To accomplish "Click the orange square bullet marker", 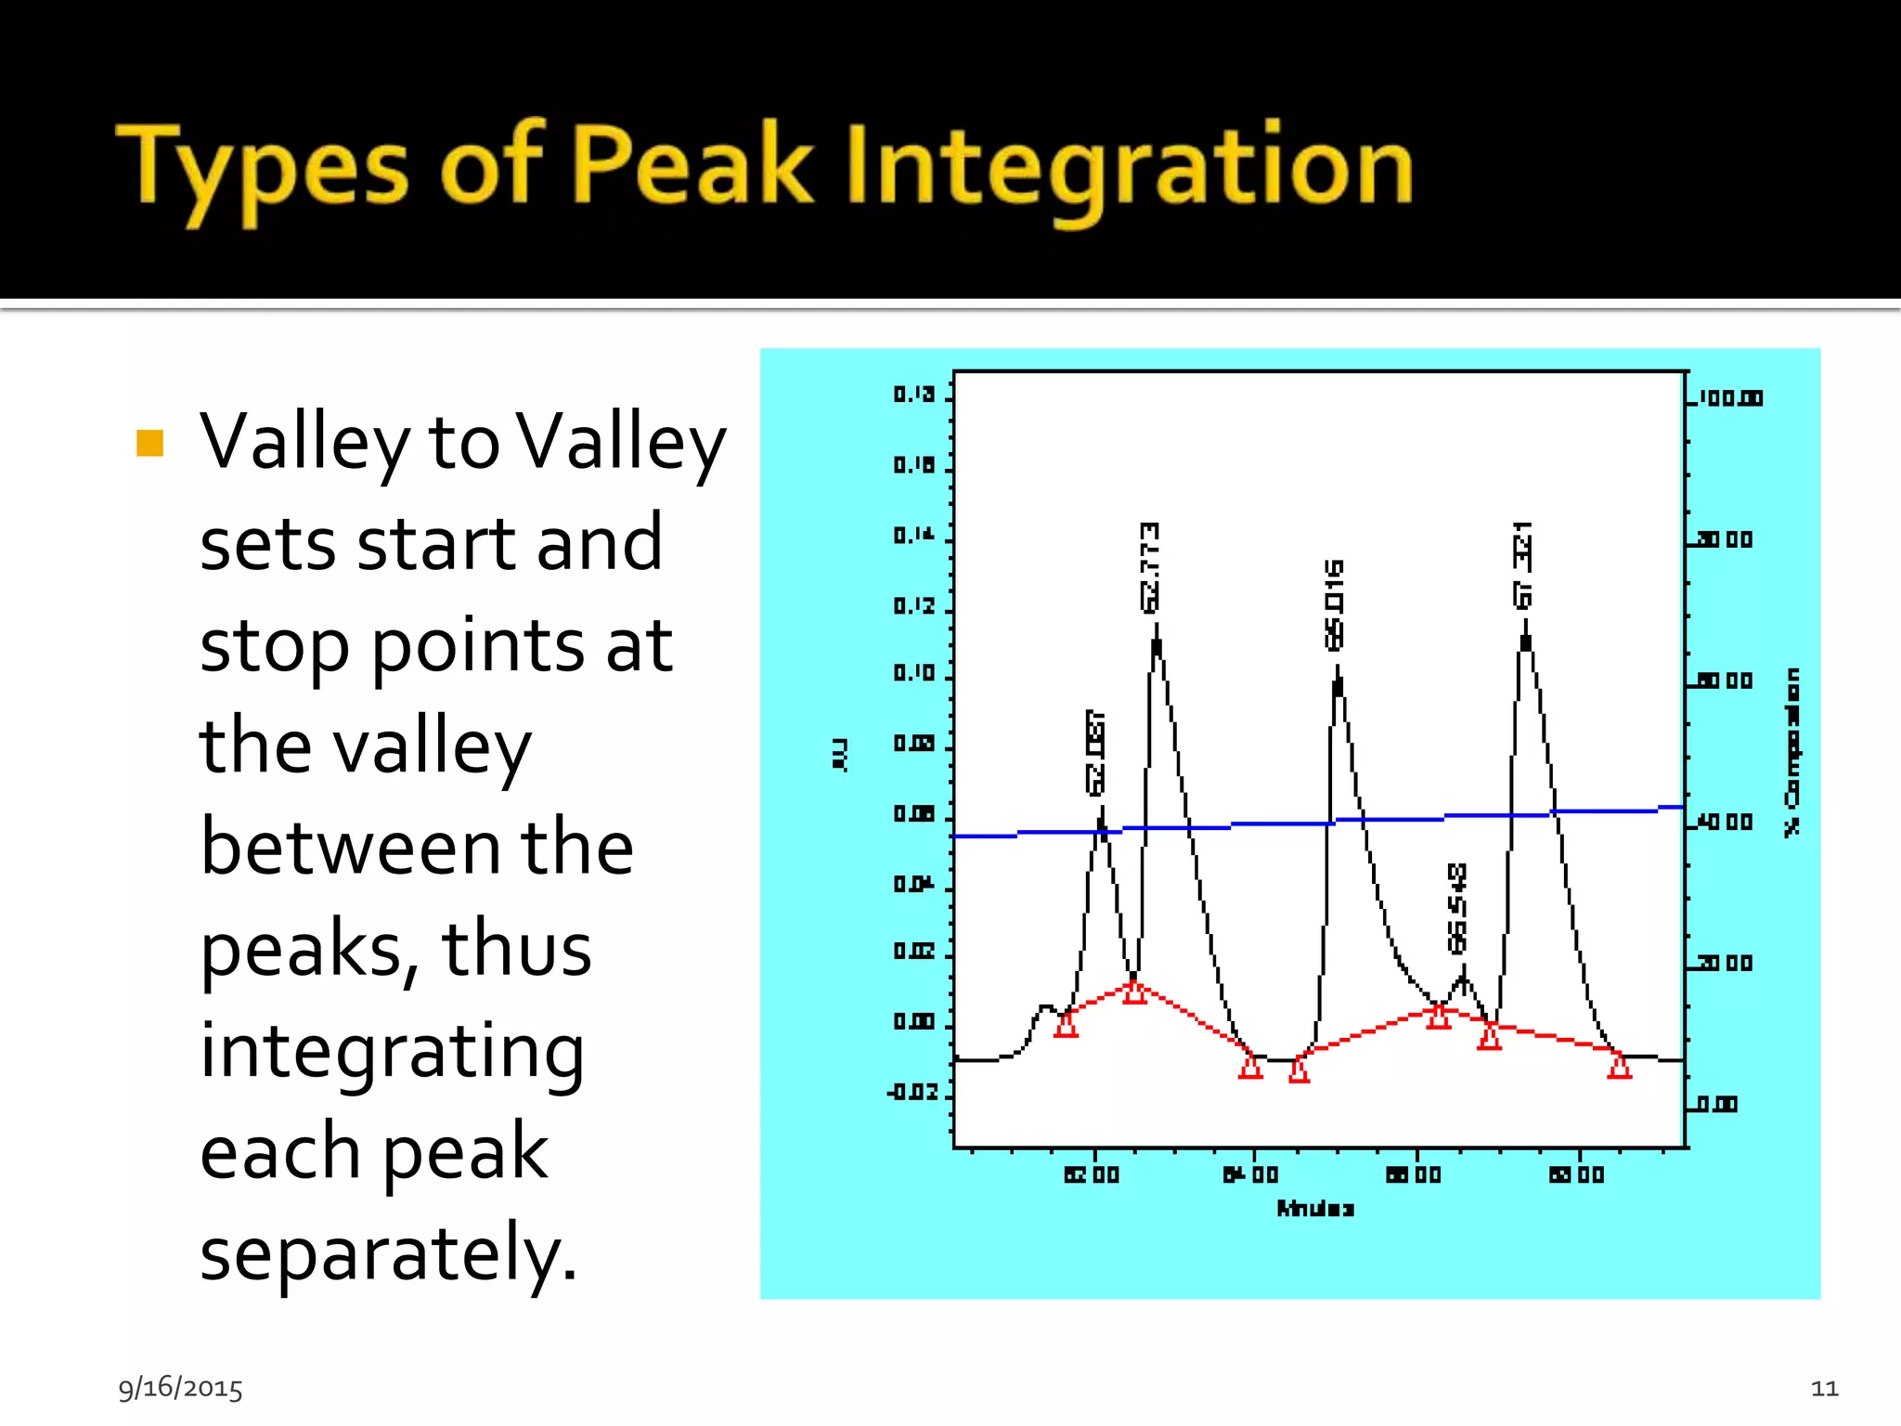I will pyautogui.click(x=149, y=444).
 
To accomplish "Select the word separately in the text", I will pyautogui.click(x=388, y=1254).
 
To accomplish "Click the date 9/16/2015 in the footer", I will pyautogui.click(x=180, y=1388).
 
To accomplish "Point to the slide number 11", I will pyautogui.click(x=1824, y=1388).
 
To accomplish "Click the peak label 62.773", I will pyautogui.click(x=1150, y=567).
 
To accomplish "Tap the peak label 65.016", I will pyautogui.click(x=1334, y=604).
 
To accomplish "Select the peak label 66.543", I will pyautogui.click(x=1458, y=908).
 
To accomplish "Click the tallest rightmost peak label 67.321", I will pyautogui.click(x=1523, y=565).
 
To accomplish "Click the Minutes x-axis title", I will pyautogui.click(x=1315, y=1209).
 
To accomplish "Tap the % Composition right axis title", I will pyautogui.click(x=1792, y=752).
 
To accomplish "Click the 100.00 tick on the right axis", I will pyautogui.click(x=1731, y=398).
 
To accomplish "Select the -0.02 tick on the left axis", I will pyautogui.click(x=913, y=1092).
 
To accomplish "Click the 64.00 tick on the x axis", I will pyautogui.click(x=1251, y=1174).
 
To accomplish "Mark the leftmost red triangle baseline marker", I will pyautogui.click(x=1067, y=1025).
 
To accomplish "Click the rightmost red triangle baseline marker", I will pyautogui.click(x=1620, y=1067).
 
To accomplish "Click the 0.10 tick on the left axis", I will pyautogui.click(x=914, y=672).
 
